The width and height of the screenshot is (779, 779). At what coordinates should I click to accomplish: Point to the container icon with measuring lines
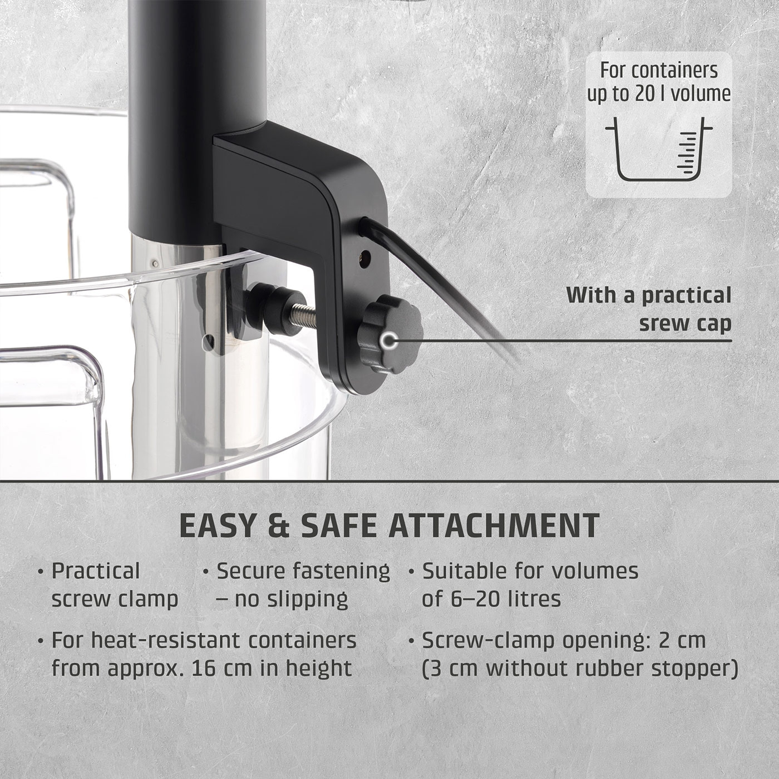pos(658,150)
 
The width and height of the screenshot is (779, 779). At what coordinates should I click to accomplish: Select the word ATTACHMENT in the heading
pos(494,525)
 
